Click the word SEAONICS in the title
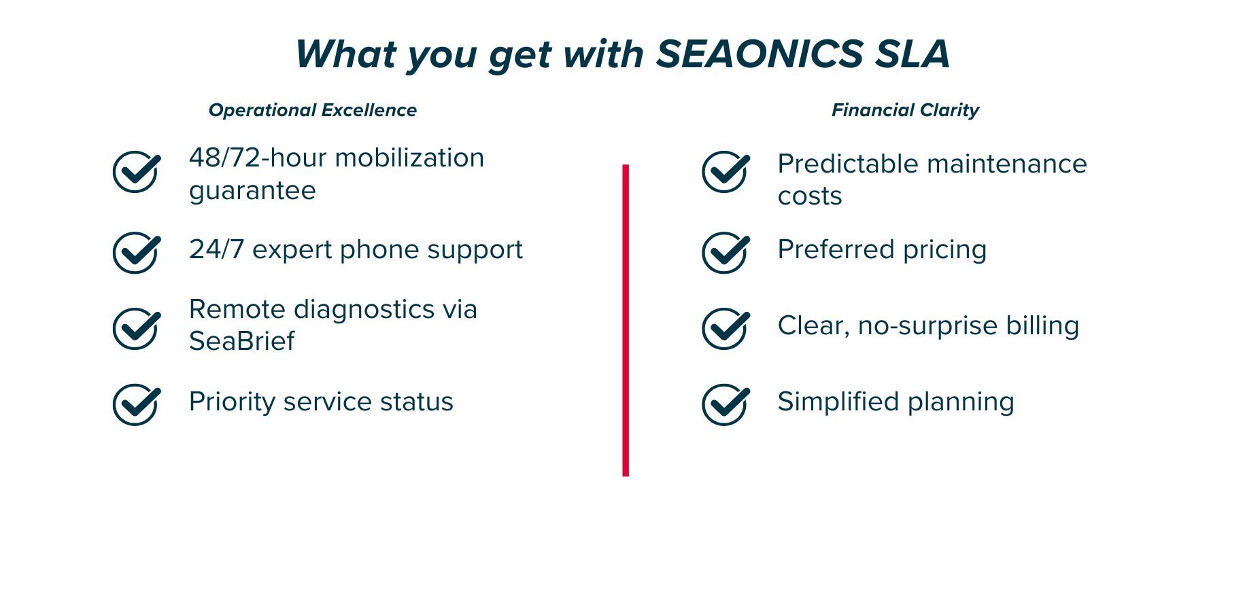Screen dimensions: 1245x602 760,54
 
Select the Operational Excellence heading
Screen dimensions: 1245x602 313,110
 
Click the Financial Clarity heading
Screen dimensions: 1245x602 905,110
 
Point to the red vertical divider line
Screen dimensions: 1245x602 626,320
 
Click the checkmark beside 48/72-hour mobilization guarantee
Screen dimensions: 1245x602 137,172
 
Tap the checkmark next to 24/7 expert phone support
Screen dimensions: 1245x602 137,253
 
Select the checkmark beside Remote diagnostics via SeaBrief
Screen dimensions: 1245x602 137,329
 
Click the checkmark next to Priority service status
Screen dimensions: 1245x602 137,405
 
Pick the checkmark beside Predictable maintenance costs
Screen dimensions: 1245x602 726,172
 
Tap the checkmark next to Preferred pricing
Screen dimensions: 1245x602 726,253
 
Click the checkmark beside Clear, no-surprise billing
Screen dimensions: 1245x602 726,329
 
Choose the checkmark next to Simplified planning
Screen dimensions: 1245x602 726,405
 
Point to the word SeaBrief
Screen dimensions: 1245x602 241,341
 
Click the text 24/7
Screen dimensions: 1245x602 216,249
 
